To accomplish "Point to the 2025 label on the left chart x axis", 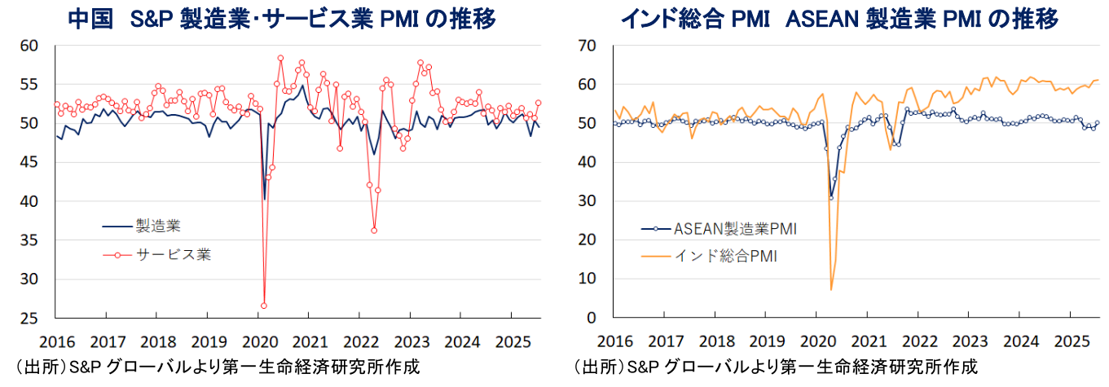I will [511, 341].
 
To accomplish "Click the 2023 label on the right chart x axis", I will [969, 341].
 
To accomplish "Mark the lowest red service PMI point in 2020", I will [264, 306].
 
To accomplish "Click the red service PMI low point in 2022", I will [374, 231].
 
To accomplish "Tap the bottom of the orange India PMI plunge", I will [831, 289].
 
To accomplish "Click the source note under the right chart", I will [775, 366].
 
